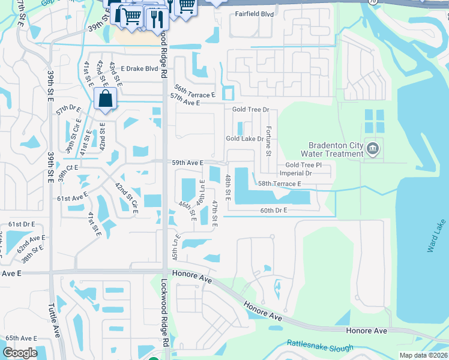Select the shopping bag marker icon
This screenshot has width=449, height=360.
tap(105, 99)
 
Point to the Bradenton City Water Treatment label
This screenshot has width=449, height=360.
tap(336, 149)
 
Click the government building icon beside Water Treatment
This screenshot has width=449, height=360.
tap(373, 148)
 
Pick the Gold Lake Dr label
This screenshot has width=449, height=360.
tap(245, 139)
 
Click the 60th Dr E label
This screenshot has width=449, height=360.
tap(274, 211)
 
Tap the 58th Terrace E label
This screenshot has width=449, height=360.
tap(279, 184)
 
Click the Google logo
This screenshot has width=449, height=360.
tap(20, 353)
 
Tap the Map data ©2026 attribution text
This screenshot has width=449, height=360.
tap(423, 355)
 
